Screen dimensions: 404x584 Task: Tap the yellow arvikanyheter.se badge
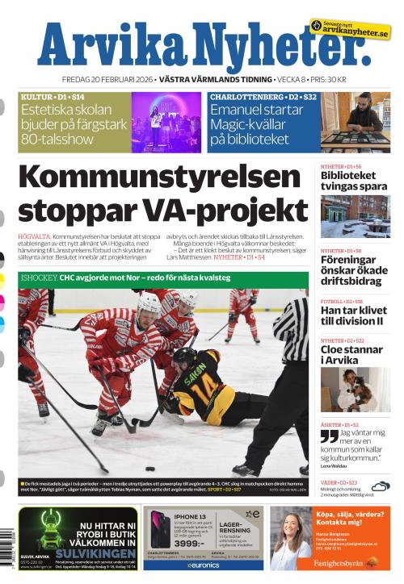coord(350,31)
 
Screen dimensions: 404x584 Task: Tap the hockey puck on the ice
coord(150,469)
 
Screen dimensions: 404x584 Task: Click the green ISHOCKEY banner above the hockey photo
coord(162,279)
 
